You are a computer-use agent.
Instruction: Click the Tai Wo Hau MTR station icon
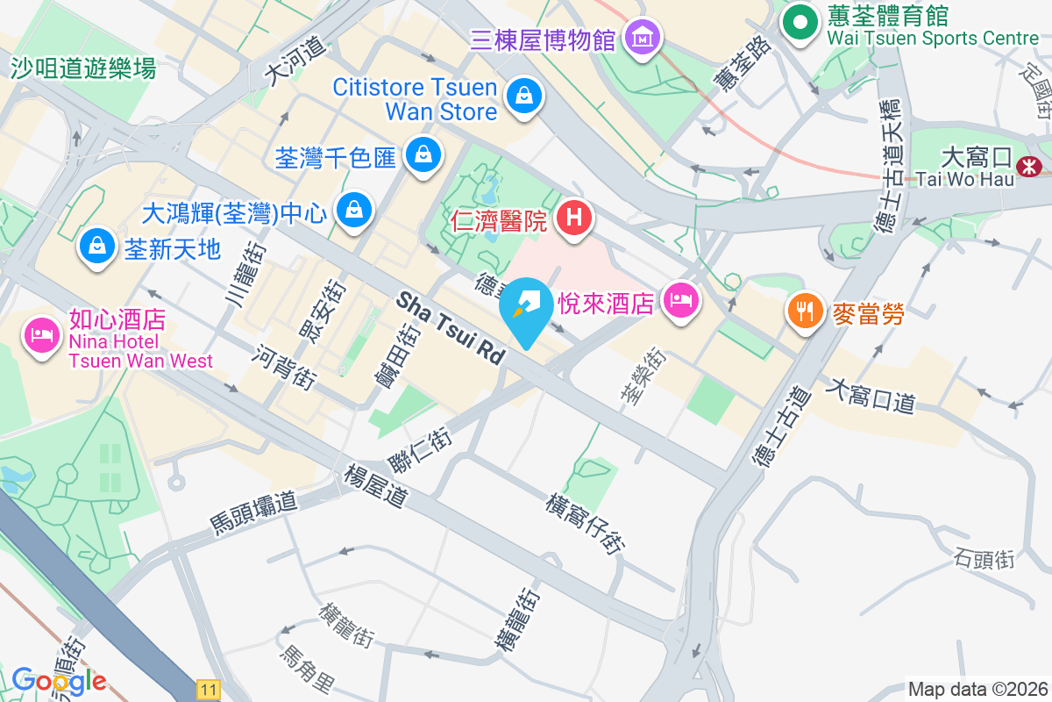[x=1028, y=164]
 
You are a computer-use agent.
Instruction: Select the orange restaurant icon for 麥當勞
[x=804, y=309]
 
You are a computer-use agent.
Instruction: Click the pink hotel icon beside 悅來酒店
[x=680, y=301]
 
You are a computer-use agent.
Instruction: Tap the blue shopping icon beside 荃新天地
[x=95, y=247]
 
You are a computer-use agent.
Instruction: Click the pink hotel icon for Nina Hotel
[x=42, y=333]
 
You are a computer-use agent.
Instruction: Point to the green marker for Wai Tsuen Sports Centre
[x=799, y=22]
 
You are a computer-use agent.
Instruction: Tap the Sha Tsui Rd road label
[x=451, y=328]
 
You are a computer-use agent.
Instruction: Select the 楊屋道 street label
[x=376, y=487]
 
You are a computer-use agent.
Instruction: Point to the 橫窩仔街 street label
[x=586, y=524]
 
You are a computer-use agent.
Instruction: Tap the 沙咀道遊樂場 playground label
[x=84, y=68]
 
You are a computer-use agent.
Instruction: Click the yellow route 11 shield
[x=208, y=690]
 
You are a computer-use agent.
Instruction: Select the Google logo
[x=60, y=680]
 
